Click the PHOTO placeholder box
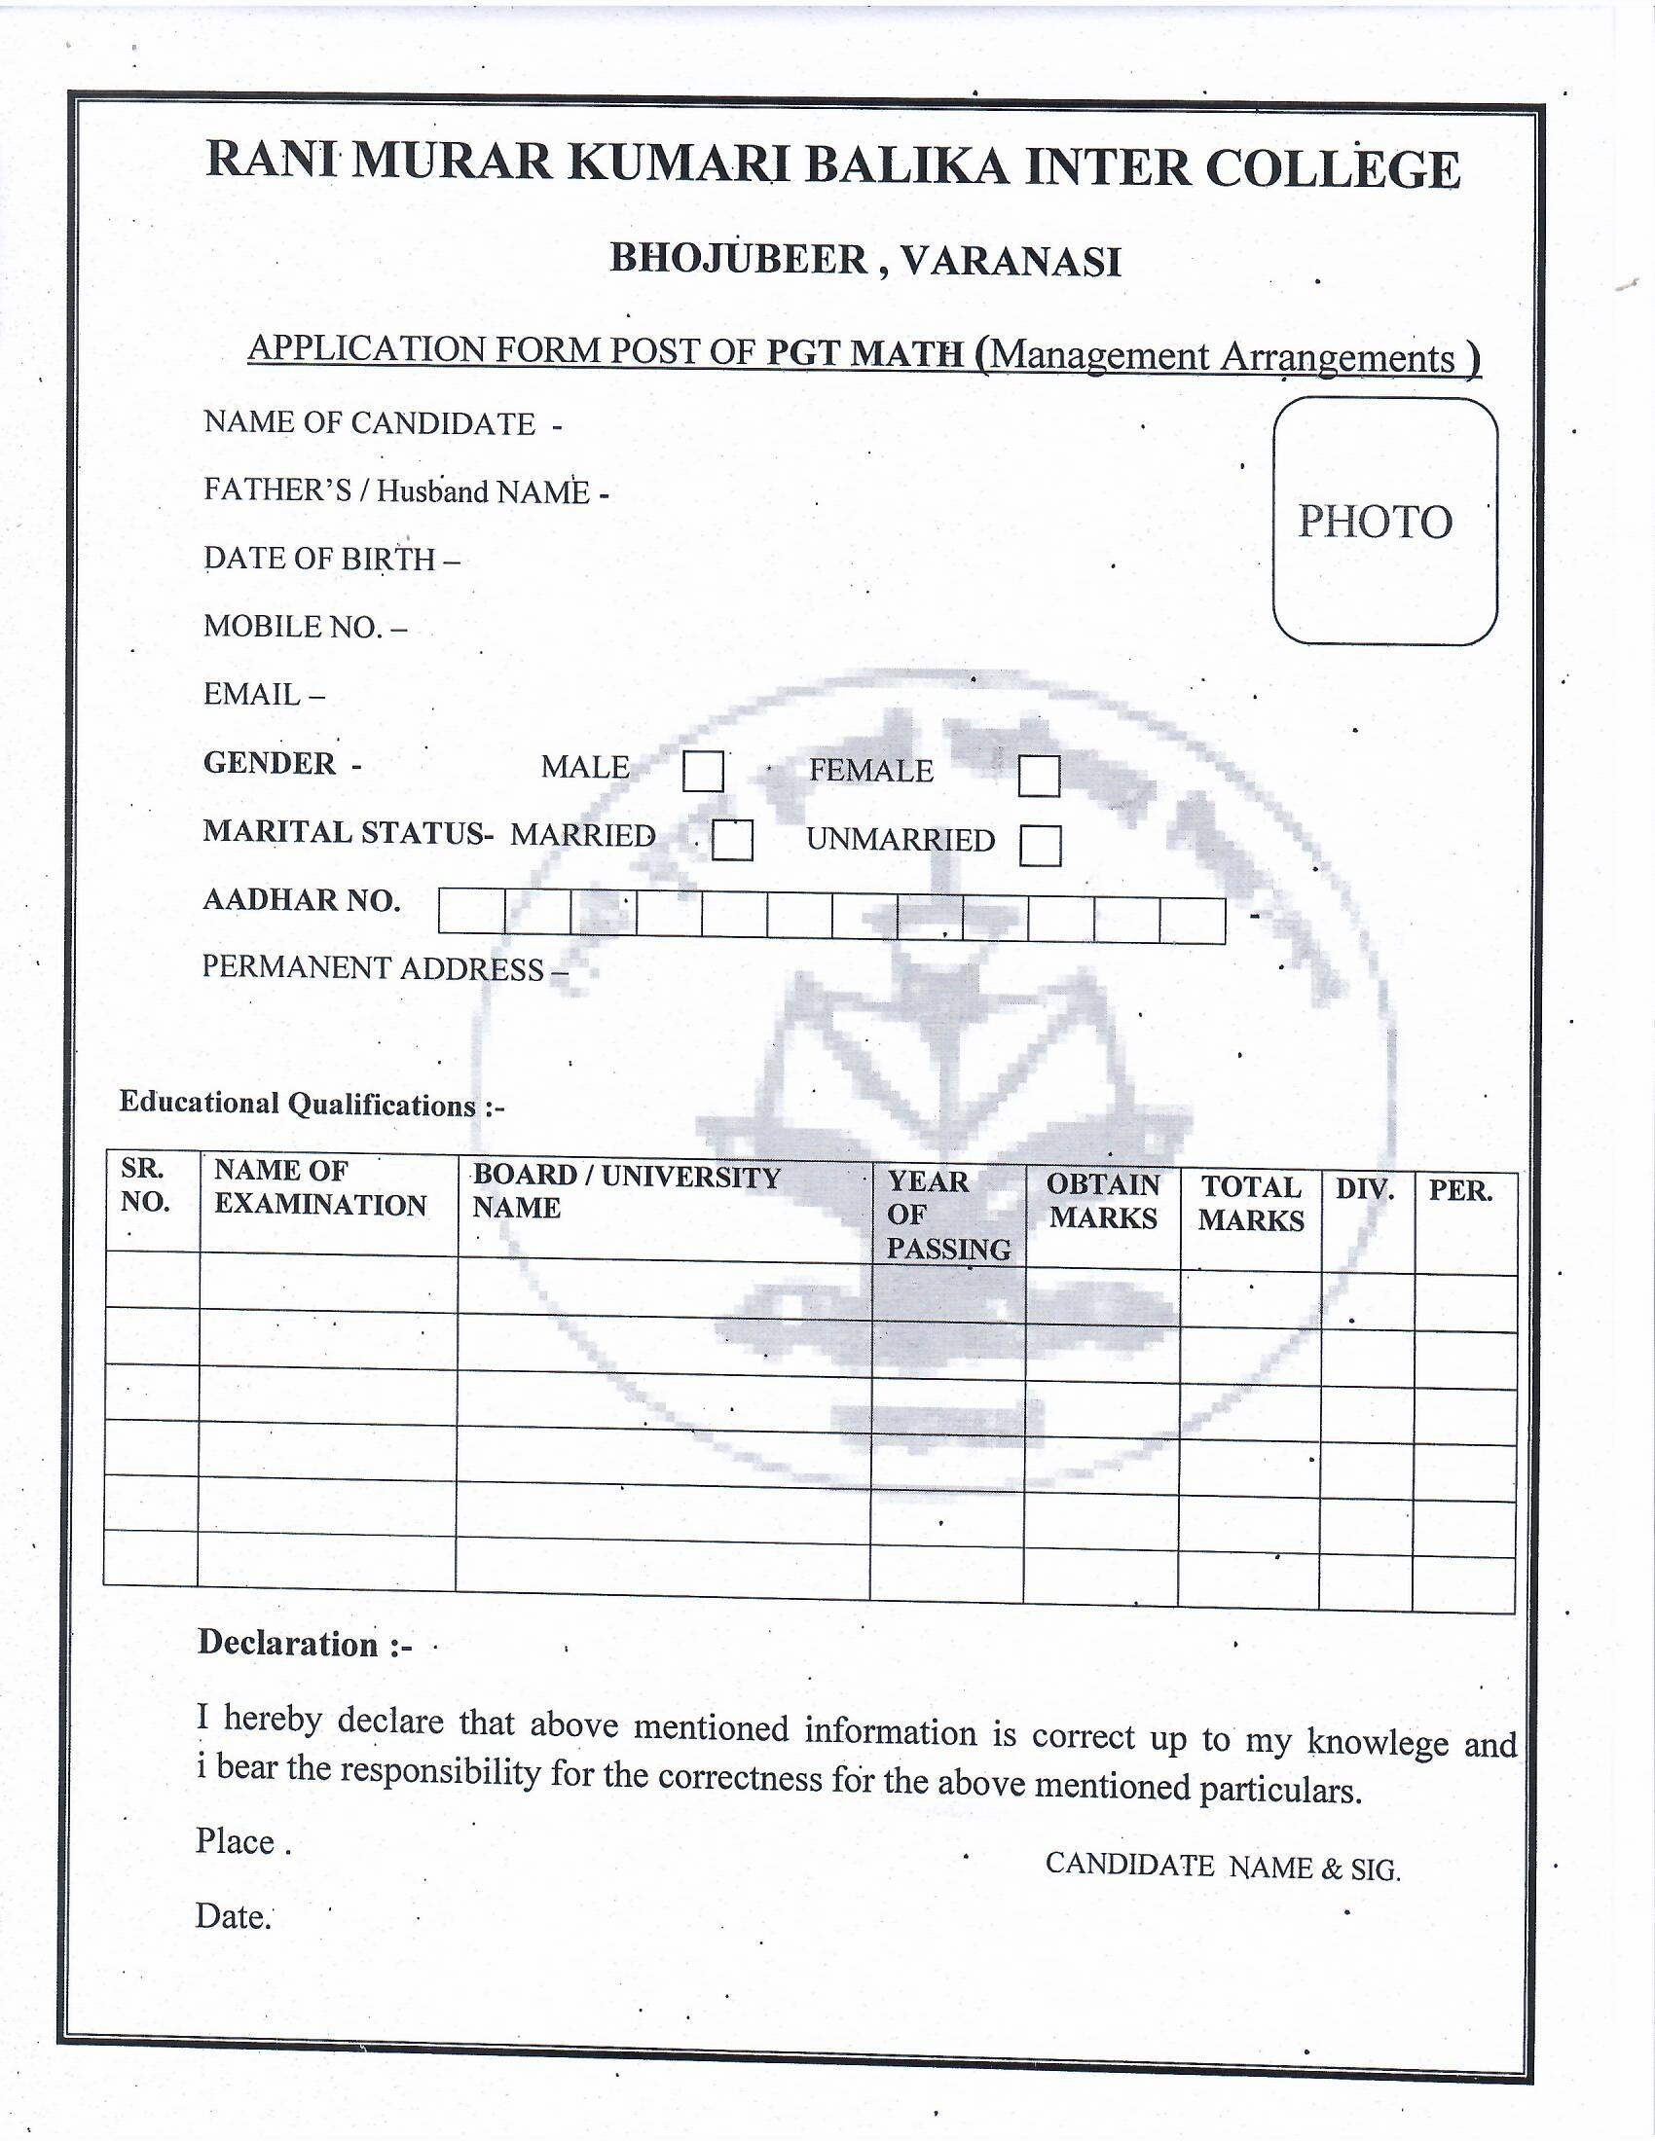point(1384,521)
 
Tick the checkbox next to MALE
point(703,771)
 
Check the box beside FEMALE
point(1039,776)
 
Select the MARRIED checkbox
point(732,840)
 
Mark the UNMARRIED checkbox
point(1040,845)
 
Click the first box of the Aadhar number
point(471,911)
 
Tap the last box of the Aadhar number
point(1193,921)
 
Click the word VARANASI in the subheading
point(1011,261)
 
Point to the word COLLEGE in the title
point(1333,168)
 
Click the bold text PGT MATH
point(864,353)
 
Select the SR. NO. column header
point(145,1185)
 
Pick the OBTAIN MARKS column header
point(1103,1201)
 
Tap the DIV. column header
point(1364,1190)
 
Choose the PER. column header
point(1460,1191)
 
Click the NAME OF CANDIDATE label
point(370,422)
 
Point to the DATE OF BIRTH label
point(319,558)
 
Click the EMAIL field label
point(252,694)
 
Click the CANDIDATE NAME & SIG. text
point(1223,1866)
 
